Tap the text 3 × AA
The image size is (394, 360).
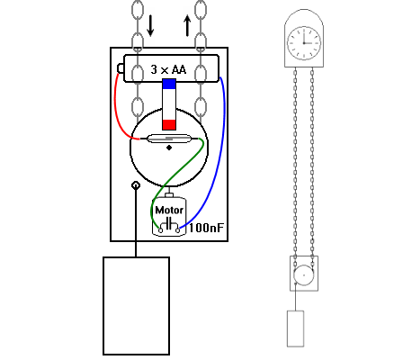[x=169, y=70]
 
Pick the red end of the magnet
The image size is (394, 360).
[x=169, y=123]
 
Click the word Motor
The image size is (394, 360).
[x=169, y=211]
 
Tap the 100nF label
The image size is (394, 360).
[x=205, y=229]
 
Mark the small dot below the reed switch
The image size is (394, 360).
[x=169, y=150]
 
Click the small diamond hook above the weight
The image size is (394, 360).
[x=136, y=185]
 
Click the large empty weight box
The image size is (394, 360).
[x=137, y=305]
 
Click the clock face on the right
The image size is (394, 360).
[x=303, y=40]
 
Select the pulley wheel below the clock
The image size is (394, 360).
[x=303, y=274]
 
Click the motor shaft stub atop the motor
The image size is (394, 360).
[x=169, y=194]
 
